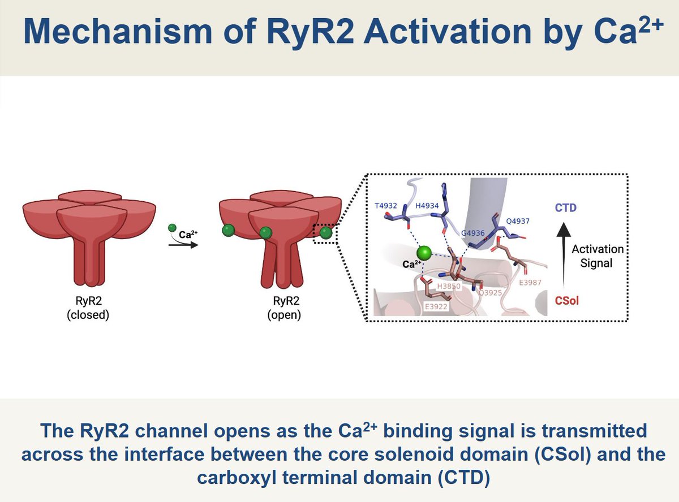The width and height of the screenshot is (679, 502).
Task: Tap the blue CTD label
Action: [565, 208]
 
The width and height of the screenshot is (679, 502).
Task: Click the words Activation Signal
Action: [597, 256]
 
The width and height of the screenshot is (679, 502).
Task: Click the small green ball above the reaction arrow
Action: [172, 228]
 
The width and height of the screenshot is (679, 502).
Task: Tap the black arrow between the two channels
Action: [183, 245]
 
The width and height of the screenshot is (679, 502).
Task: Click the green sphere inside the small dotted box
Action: [325, 232]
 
